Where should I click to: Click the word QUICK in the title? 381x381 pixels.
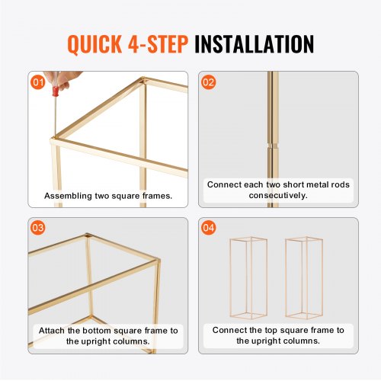coord(94,44)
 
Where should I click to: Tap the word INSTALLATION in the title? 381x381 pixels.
coord(255,44)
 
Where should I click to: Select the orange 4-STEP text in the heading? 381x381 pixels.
coord(158,44)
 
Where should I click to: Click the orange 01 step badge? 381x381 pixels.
coord(38,82)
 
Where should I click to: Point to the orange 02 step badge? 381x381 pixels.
coord(208,82)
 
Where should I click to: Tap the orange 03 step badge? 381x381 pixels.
coord(38,228)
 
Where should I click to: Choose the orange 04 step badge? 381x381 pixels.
coord(208,228)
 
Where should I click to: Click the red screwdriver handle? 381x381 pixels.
coord(56,91)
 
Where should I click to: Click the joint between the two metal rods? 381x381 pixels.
coord(273,146)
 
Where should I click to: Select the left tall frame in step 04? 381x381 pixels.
coord(248,278)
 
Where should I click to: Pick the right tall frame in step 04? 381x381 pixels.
coord(304,278)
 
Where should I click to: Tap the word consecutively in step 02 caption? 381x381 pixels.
coord(278,195)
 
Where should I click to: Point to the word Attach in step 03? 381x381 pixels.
coord(52,331)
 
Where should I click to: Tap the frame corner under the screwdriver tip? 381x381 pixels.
coord(54,138)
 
